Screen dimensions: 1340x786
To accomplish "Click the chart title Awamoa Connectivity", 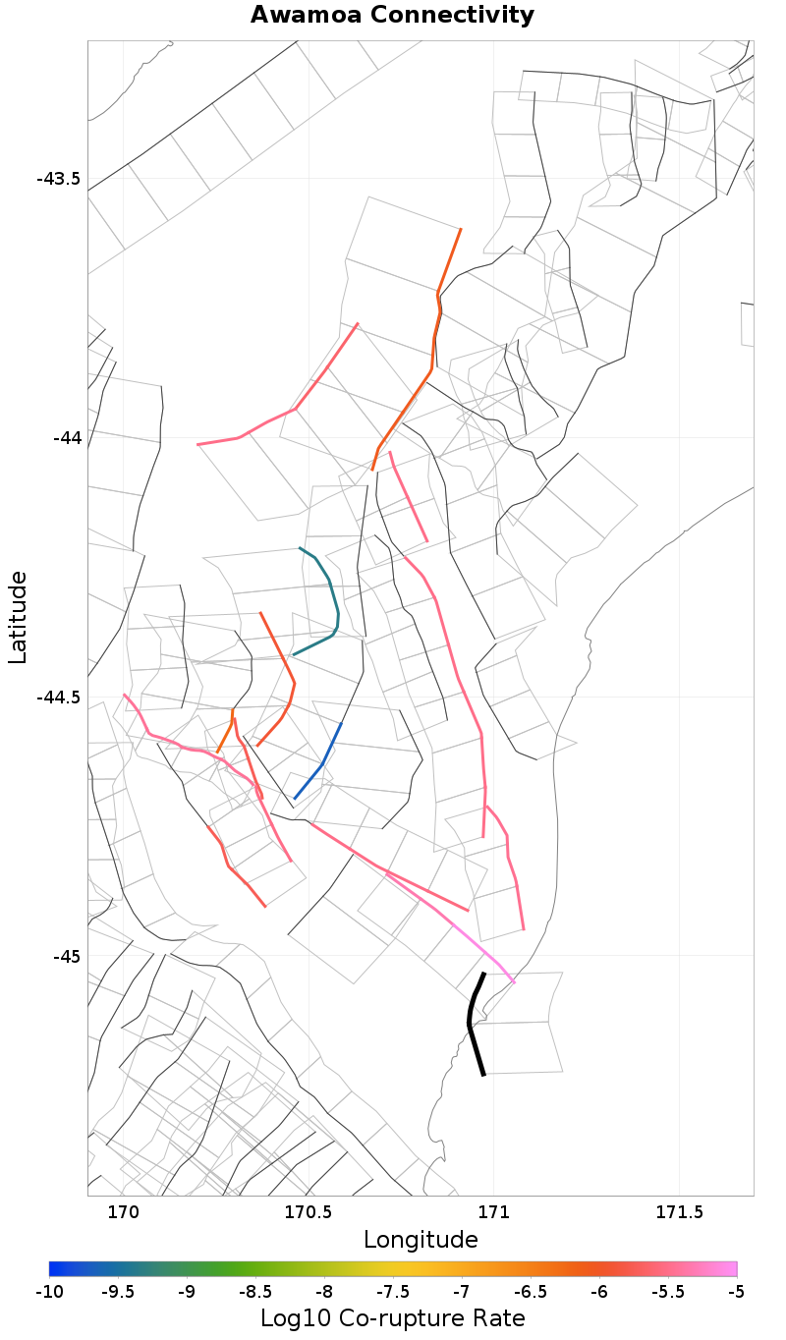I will tap(392, 15).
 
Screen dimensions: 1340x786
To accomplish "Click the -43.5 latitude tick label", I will tap(58, 179).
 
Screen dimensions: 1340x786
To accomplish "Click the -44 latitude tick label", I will tap(66, 437).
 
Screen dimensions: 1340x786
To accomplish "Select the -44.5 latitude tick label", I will tap(58, 697).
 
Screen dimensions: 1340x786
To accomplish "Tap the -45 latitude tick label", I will tap(66, 956).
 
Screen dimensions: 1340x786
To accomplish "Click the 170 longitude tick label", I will tap(124, 1212).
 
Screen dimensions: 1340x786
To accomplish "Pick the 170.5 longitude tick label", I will tap(309, 1212).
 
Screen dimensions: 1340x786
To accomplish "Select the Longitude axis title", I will tap(421, 1240).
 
